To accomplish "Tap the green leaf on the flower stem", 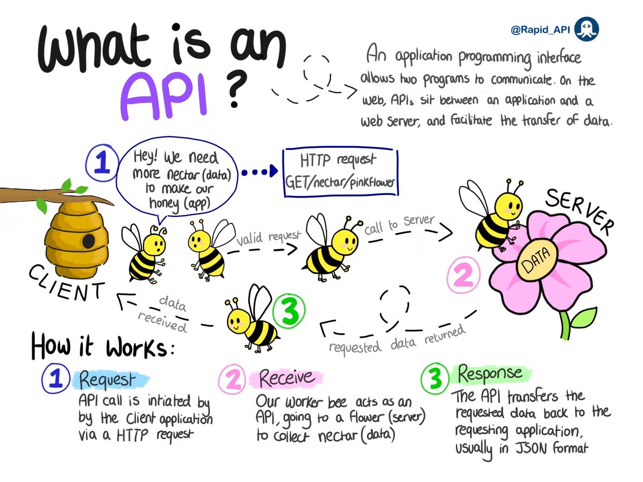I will pyautogui.click(x=582, y=319).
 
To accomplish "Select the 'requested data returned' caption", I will pyautogui.click(x=397, y=341).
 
